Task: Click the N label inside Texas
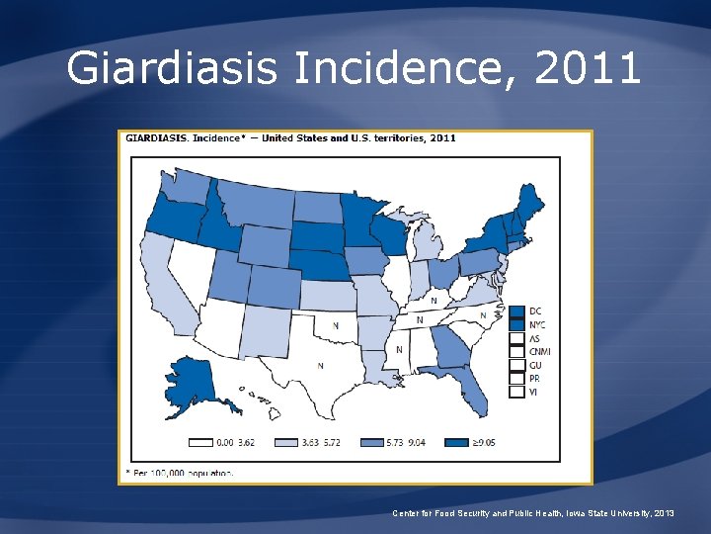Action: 320,366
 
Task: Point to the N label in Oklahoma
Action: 335,324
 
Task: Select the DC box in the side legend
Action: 516,311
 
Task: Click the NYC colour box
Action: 516,325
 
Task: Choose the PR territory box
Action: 516,378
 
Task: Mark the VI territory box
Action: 516,392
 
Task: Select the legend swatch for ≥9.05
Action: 457,442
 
